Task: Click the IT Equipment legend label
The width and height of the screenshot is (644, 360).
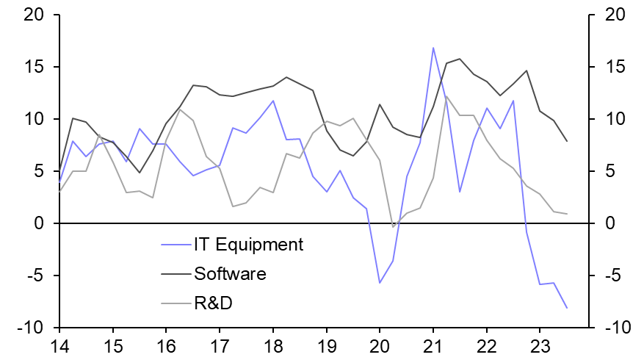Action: pos(247,245)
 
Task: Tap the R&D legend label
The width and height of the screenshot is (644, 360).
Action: pos(213,303)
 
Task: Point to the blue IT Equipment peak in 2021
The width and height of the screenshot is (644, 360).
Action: pos(433,48)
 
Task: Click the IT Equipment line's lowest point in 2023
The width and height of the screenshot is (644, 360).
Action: pos(567,308)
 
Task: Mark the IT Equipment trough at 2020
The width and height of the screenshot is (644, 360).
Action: pos(380,283)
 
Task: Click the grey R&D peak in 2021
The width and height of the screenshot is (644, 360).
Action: pos(446,96)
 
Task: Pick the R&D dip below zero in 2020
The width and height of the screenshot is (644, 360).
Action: pos(393,227)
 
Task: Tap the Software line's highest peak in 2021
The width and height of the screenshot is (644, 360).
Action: pos(460,59)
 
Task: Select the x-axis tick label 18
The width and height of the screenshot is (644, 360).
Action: pos(272,346)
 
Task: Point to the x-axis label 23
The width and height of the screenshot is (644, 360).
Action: pos(540,346)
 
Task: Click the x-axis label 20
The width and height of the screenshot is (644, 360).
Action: pos(380,346)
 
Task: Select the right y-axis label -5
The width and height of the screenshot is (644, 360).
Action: pos(611,276)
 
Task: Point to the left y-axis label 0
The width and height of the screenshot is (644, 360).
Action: pos(39,223)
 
